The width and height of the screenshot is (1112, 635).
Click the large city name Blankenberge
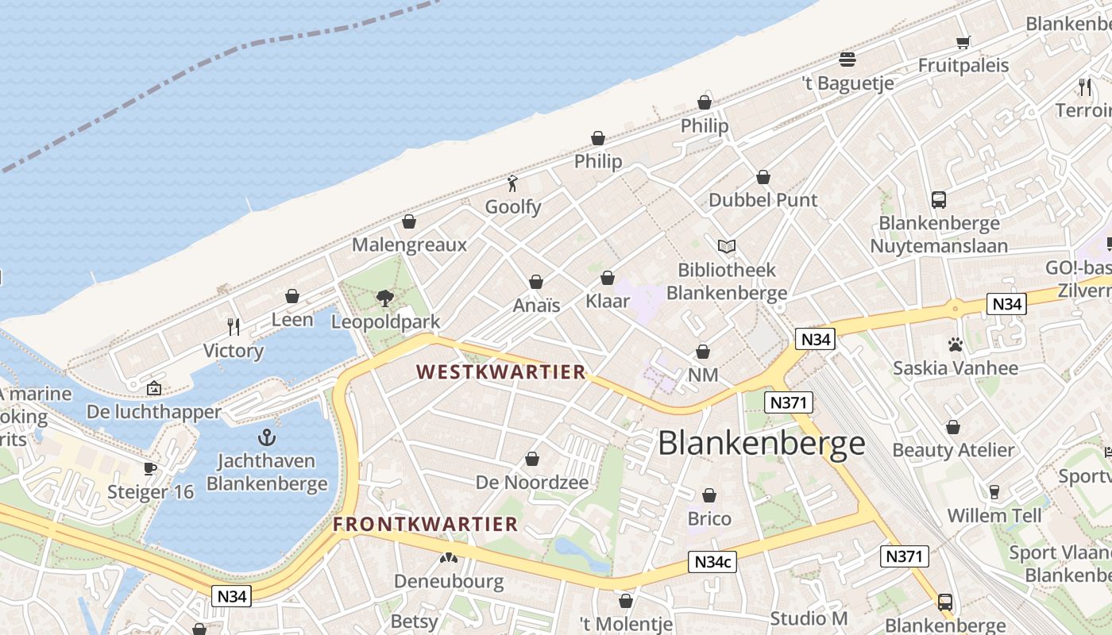click(761, 443)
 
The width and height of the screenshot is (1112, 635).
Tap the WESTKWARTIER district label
click(500, 371)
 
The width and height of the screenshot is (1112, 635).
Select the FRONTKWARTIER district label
click(425, 524)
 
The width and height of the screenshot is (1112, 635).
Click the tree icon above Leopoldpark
click(385, 298)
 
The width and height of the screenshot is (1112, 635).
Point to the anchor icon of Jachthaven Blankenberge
click(267, 437)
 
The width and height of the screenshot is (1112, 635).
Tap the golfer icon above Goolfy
click(513, 184)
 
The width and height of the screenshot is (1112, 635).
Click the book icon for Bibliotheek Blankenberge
click(727, 246)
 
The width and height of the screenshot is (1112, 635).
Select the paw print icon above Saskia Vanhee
click(955, 344)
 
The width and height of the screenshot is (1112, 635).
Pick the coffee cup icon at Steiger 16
click(150, 468)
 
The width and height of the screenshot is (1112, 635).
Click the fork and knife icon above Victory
click(234, 326)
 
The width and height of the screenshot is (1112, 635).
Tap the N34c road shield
click(712, 562)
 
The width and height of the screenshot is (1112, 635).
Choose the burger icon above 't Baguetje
click(848, 60)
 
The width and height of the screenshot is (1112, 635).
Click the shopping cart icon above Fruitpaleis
click(963, 42)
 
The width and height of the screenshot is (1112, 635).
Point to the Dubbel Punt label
click(763, 200)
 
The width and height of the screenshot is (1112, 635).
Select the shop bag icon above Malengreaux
click(409, 221)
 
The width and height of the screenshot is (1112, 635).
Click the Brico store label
click(709, 518)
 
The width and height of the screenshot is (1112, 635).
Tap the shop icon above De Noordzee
click(532, 459)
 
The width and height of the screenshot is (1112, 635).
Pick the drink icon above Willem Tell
click(994, 492)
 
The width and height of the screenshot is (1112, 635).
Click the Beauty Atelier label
click(953, 450)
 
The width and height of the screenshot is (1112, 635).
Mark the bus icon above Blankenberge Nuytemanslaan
click(939, 199)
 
